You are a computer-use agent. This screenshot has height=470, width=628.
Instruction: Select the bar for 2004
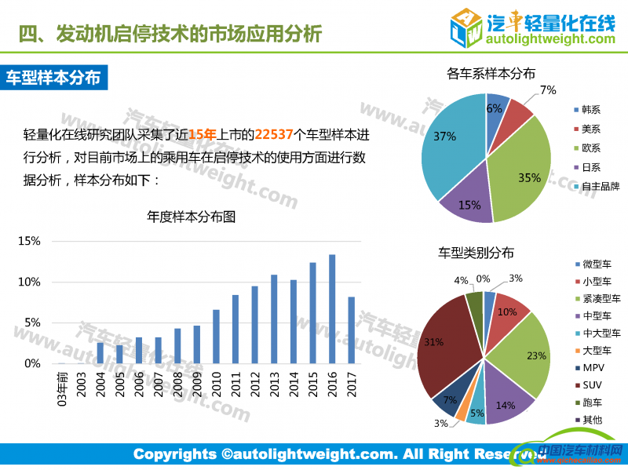100,353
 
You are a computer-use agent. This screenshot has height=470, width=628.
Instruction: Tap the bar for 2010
216,337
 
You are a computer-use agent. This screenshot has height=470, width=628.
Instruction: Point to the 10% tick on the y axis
30,282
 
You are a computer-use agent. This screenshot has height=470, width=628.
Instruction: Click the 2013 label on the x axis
274,384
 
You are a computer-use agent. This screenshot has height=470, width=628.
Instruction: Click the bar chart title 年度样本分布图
192,217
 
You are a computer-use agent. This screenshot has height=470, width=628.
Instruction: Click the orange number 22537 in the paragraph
275,134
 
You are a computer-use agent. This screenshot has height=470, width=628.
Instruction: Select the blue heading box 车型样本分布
53,78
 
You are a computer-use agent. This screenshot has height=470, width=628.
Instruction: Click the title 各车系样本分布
491,74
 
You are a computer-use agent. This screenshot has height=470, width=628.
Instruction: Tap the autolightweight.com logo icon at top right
466,27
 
